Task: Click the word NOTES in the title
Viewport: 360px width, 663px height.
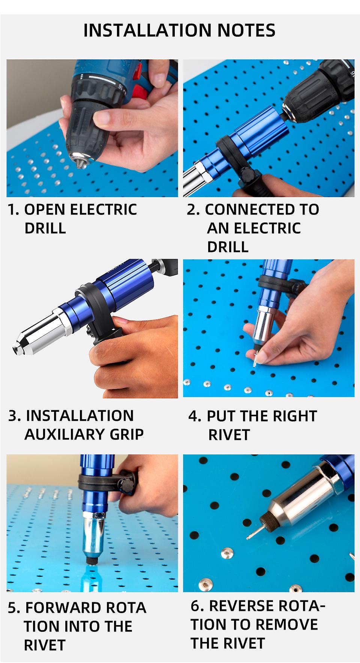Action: pos(246,30)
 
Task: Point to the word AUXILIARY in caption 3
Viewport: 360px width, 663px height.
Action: pos(64,434)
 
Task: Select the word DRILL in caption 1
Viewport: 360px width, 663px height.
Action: pos(45,228)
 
